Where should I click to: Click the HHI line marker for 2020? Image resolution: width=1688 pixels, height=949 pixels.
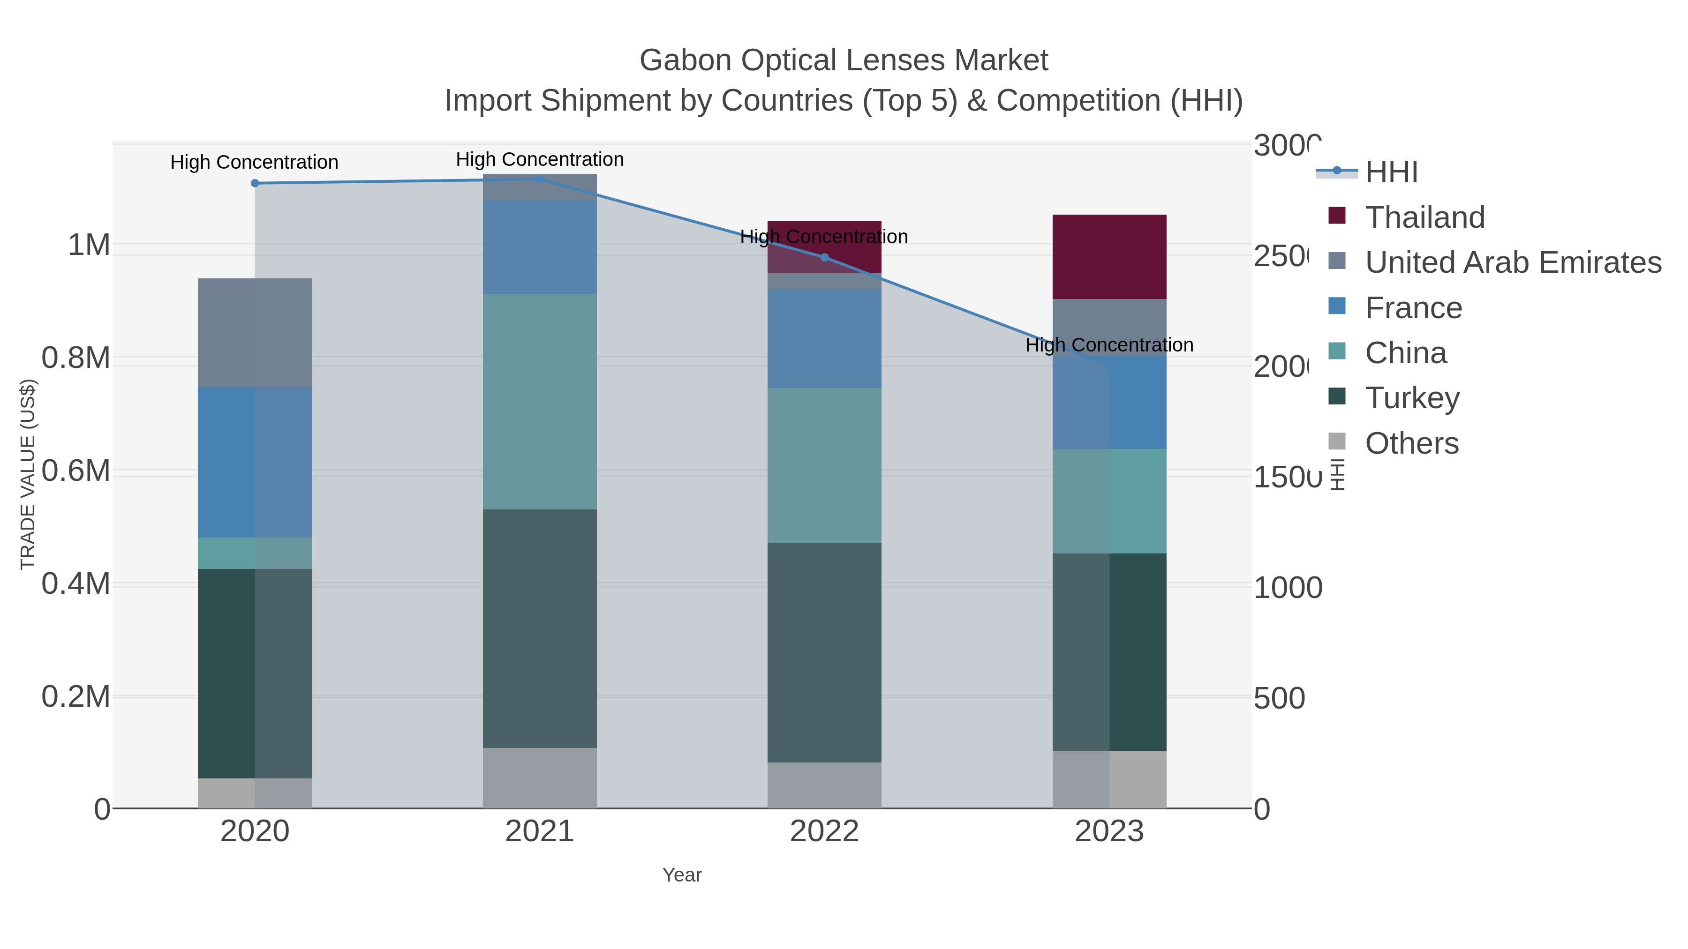[x=255, y=183]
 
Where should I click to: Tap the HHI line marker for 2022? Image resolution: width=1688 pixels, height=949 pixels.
[x=824, y=257]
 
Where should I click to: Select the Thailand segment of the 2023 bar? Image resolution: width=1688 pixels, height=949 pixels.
[x=1109, y=257]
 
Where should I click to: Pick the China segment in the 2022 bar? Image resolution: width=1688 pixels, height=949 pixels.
[x=824, y=465]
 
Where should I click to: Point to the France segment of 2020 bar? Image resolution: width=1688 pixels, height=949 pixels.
[x=255, y=463]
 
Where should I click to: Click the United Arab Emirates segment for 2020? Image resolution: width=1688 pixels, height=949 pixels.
[x=255, y=333]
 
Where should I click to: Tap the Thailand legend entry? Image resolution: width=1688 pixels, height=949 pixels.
[x=1424, y=217]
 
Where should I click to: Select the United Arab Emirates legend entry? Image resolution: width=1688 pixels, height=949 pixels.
[x=1512, y=262]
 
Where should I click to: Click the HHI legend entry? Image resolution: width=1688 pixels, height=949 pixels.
[x=1391, y=172]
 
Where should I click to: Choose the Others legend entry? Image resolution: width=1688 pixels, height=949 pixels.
[x=1411, y=443]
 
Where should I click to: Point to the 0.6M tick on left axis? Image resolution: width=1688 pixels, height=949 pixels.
[x=76, y=471]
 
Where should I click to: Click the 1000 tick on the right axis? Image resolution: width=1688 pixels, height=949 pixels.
[x=1288, y=588]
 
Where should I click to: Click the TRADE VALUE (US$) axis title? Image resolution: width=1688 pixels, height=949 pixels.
[x=28, y=474]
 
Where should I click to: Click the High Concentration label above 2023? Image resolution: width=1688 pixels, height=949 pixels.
[x=1109, y=345]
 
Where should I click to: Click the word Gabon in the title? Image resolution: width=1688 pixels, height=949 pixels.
[x=686, y=60]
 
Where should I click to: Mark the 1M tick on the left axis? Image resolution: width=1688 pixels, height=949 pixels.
[x=89, y=245]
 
